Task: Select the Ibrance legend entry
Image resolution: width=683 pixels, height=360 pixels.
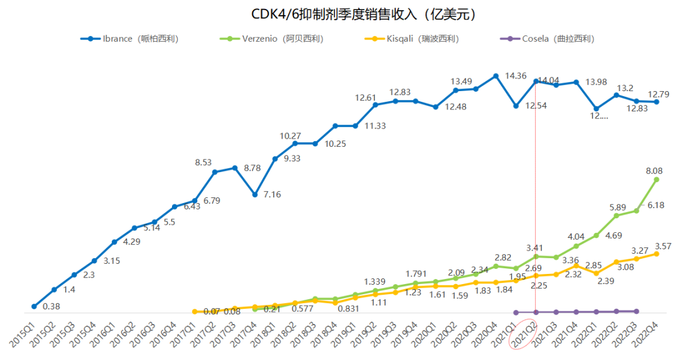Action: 129,39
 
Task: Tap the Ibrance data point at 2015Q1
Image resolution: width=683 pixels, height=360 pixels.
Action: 34,306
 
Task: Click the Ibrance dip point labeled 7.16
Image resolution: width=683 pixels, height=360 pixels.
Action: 255,194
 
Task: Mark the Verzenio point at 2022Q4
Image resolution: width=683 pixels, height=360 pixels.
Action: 656,180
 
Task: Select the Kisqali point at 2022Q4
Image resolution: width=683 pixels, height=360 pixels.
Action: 656,254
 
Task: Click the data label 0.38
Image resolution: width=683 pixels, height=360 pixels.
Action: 52,307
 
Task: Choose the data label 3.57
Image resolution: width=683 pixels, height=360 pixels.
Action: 663,246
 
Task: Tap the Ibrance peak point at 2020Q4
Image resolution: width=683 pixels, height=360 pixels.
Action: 496,76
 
